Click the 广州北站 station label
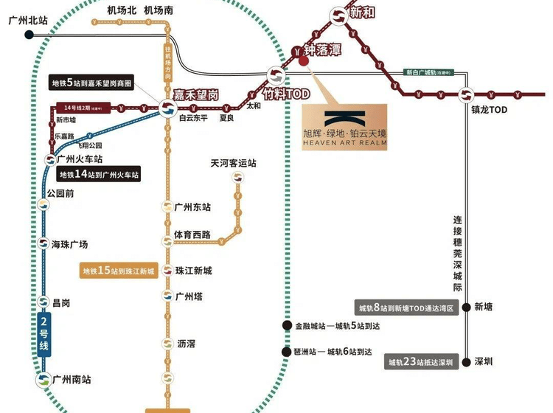(27, 20)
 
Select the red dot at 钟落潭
(303, 61)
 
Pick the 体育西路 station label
(192, 235)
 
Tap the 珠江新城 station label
(194, 271)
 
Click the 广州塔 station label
(189, 296)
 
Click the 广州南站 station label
(72, 379)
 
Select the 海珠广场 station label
(70, 244)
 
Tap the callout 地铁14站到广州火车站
(99, 175)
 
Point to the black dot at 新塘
(466, 307)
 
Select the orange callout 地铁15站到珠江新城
(119, 271)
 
